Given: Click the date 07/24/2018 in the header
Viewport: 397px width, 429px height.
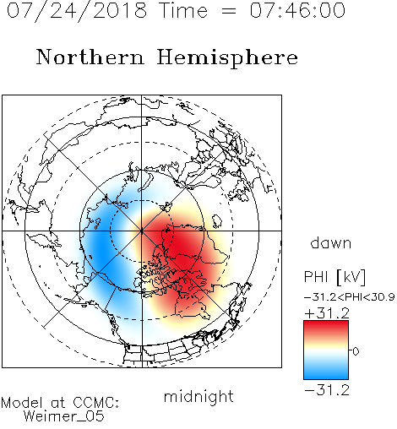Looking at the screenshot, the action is pos(77,11).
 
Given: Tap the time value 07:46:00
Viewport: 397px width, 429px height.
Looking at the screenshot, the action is pos(297,10).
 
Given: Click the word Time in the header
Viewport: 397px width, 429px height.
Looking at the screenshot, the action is pos(183,10).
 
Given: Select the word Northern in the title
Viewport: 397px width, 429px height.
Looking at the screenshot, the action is pos(90,57).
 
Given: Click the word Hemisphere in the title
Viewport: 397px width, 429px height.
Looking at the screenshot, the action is pos(227,58).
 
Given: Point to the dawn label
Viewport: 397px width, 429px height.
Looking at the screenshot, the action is pos(331,242).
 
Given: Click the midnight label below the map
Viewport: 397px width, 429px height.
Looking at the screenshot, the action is pos(198,397).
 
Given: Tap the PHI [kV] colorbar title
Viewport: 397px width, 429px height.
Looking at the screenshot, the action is pos(334,277).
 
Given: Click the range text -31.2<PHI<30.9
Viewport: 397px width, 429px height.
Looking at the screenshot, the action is pos(350,297).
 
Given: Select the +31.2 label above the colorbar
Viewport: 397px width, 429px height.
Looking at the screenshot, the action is pos(327,313).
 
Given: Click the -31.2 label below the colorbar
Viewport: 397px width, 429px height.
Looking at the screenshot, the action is pos(327,390).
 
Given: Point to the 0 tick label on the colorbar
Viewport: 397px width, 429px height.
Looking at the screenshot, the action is pos(356,351).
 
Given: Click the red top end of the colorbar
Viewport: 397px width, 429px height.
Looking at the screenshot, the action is pos(326,323).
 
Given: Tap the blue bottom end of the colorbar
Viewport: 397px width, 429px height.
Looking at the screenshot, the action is pos(326,376).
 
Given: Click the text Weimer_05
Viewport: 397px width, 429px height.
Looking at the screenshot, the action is pos(64,416).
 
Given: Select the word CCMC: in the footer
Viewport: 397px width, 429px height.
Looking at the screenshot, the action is pos(95,403).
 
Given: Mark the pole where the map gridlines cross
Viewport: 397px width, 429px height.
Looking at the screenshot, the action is pos(142,231).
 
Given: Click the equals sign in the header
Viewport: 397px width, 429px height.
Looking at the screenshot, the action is pos(228,11).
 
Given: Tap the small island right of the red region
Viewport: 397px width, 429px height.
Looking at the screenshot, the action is pos(216,221).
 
